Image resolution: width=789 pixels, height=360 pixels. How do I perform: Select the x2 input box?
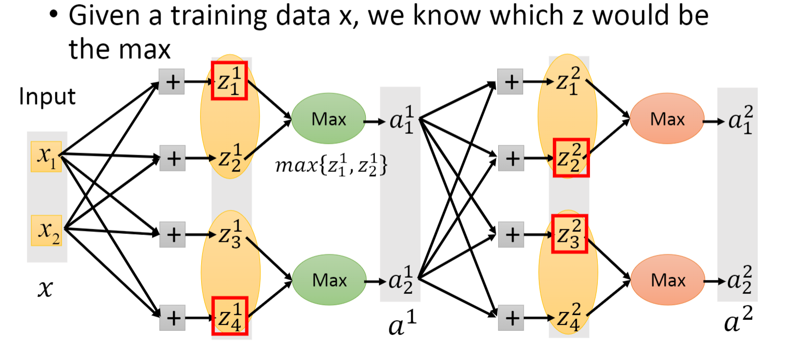click(x=46, y=230)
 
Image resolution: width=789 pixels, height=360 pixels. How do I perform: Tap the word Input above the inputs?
click(x=47, y=96)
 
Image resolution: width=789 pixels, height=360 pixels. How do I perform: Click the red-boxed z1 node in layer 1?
click(x=229, y=81)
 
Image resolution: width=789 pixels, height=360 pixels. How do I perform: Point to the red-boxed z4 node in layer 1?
click(x=229, y=315)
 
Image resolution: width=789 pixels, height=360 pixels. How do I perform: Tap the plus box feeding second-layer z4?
click(x=511, y=317)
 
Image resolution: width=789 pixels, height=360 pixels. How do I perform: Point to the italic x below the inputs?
click(x=46, y=288)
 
